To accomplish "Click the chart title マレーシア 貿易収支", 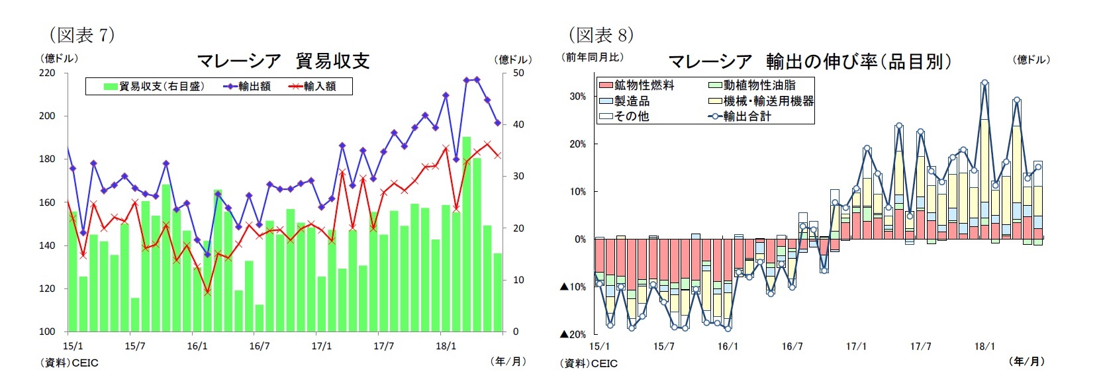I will click(x=283, y=61).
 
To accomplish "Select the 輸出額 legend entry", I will click(x=248, y=87).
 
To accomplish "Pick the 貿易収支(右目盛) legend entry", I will click(x=154, y=87).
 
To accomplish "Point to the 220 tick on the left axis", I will click(x=47, y=73).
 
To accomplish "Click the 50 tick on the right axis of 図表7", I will click(x=518, y=73).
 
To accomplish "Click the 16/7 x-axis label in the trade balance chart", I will click(x=259, y=346).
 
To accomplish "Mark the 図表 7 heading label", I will click(x=82, y=34).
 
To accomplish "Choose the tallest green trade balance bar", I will click(x=466, y=234).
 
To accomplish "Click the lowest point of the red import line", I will click(x=207, y=291).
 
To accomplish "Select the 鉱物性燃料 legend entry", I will click(x=637, y=85).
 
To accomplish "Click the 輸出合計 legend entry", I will click(x=740, y=116).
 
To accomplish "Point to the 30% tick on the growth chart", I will click(x=577, y=97).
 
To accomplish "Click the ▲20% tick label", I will click(x=573, y=334).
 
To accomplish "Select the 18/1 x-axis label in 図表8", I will click(x=984, y=346).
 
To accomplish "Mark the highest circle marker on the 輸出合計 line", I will click(x=984, y=83).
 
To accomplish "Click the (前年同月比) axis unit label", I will click(x=593, y=58).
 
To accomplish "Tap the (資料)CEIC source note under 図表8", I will click(x=589, y=363).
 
